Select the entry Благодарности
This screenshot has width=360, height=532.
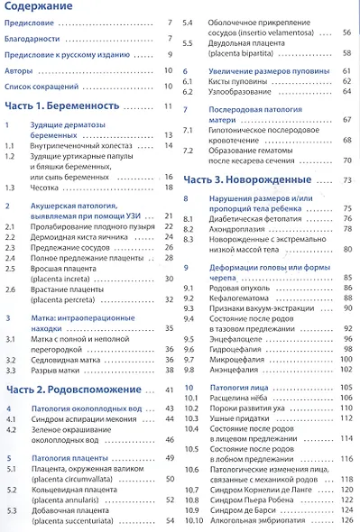tap(37, 40)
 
